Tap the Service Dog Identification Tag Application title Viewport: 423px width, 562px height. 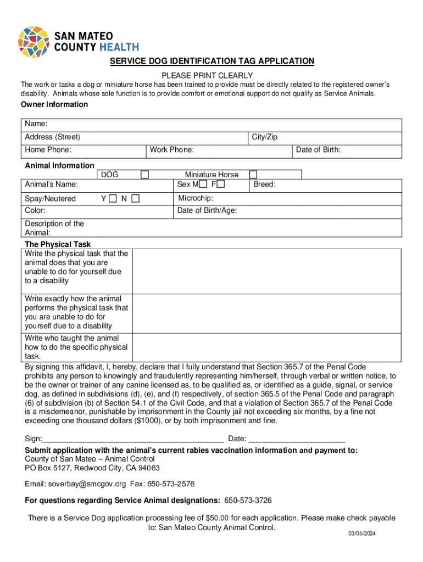point(211,61)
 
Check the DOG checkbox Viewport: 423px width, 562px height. point(144,175)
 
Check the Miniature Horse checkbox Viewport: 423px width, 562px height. point(253,175)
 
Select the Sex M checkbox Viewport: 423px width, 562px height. point(203,184)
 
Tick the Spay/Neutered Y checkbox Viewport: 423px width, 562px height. point(113,198)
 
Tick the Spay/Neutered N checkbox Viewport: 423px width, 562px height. point(135,198)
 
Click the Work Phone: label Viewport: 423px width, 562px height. point(172,149)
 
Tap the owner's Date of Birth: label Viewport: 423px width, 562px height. point(318,149)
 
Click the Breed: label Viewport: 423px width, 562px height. point(264,184)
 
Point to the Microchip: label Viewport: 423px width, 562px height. point(196,198)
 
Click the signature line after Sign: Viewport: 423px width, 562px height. point(133,439)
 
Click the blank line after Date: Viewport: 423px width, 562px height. point(297,439)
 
